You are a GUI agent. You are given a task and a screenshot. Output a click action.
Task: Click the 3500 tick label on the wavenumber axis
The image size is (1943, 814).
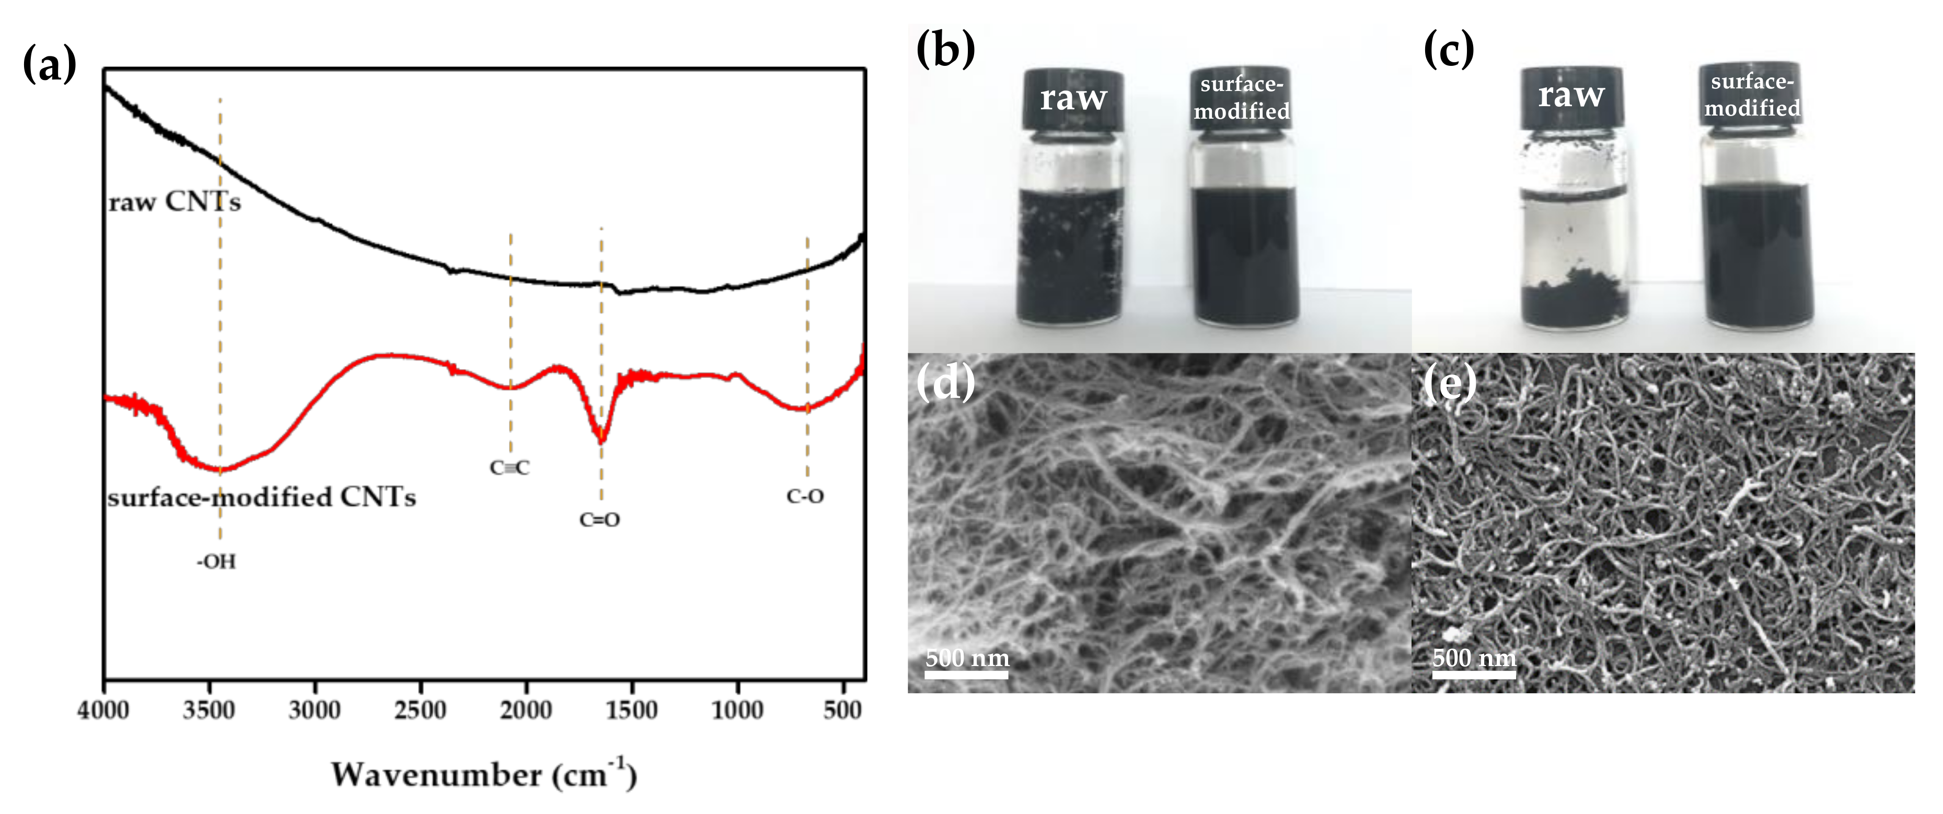click(209, 710)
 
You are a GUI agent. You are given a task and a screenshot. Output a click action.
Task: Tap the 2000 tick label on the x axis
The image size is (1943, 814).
click(526, 710)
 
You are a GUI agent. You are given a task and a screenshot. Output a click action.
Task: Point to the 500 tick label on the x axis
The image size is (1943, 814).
click(842, 710)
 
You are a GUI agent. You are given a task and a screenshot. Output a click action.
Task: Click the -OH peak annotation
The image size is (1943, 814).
click(216, 561)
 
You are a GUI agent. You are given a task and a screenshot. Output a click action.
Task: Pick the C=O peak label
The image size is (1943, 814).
click(599, 520)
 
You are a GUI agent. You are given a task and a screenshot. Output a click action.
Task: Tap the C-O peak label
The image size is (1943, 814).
click(805, 496)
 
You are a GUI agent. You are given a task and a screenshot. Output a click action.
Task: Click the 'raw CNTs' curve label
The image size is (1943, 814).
click(174, 202)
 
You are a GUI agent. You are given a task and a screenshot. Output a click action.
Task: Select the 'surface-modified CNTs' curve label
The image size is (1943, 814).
click(261, 497)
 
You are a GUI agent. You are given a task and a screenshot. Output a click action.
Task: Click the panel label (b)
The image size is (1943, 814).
click(945, 50)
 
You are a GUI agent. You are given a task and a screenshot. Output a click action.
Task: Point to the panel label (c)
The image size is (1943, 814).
click(1448, 50)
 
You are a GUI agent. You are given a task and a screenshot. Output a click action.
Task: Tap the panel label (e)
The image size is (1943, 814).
click(1449, 383)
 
